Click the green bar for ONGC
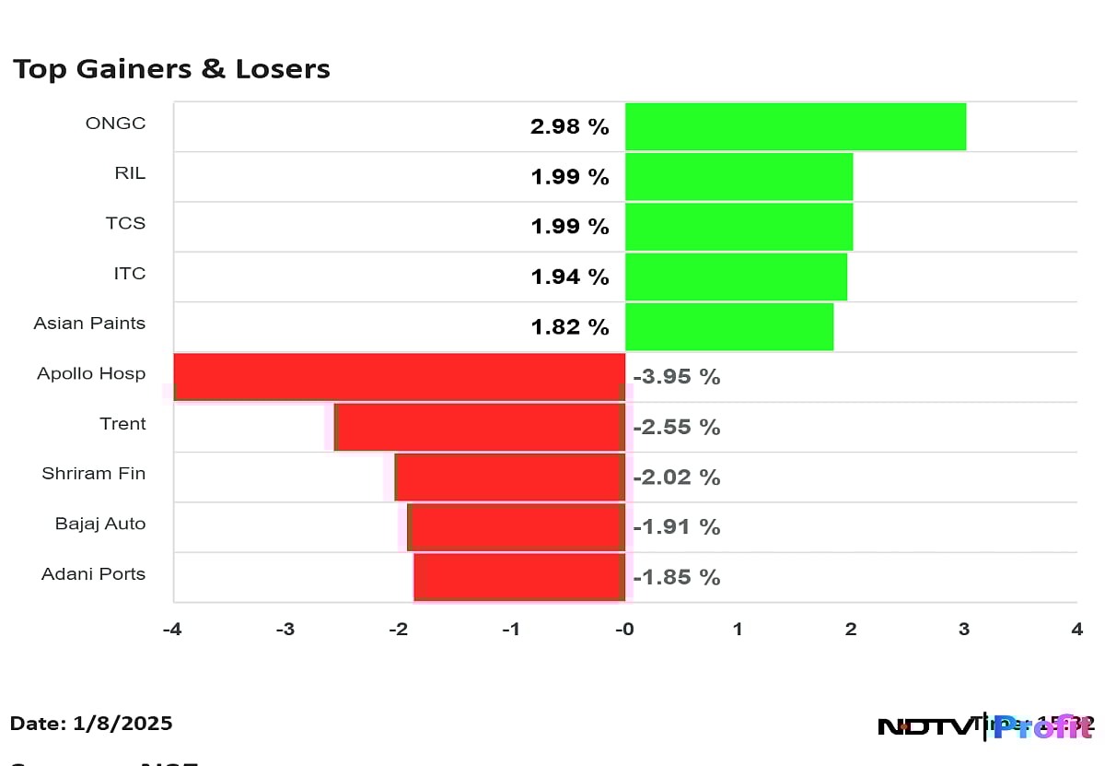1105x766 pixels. tap(796, 126)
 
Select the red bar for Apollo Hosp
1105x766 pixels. tap(400, 377)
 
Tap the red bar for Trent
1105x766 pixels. tap(480, 427)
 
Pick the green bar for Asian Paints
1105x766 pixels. tap(729, 326)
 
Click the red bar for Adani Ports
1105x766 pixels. tap(519, 577)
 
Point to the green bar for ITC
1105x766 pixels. tap(736, 277)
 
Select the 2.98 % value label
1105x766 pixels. tap(569, 127)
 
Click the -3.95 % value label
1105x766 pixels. tap(677, 377)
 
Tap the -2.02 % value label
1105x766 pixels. tap(677, 477)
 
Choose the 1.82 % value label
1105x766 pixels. tap(569, 327)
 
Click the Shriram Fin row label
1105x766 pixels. tap(93, 474)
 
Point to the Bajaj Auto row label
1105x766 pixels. tap(99, 524)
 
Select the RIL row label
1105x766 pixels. tap(130, 173)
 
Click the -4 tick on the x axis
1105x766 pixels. tap(171, 630)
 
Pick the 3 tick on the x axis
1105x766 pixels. tap(964, 630)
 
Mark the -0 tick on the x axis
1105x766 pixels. tap(624, 630)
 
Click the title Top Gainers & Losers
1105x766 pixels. tap(171, 69)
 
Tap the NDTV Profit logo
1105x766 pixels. tap(984, 726)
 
